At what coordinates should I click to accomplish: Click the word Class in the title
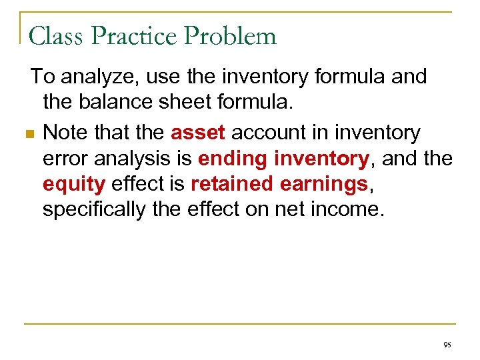[x=55, y=35]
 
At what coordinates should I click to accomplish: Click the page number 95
[x=447, y=345]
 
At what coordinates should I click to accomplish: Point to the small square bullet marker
[x=27, y=135]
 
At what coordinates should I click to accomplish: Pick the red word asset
[x=198, y=133]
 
